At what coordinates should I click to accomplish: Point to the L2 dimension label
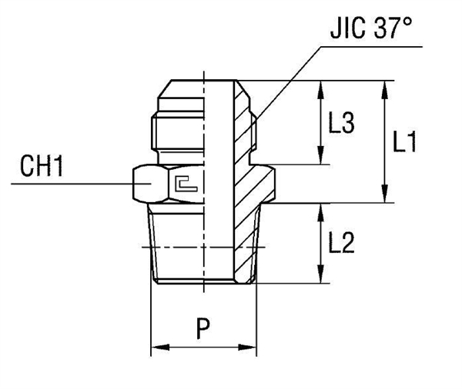click(340, 244)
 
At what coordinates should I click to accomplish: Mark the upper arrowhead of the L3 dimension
click(318, 86)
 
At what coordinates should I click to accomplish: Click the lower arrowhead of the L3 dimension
click(318, 158)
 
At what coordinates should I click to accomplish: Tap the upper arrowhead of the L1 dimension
click(383, 86)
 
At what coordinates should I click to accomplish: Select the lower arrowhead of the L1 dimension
click(383, 196)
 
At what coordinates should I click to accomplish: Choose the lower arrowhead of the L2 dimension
click(318, 278)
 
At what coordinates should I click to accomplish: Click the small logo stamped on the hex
click(186, 183)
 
